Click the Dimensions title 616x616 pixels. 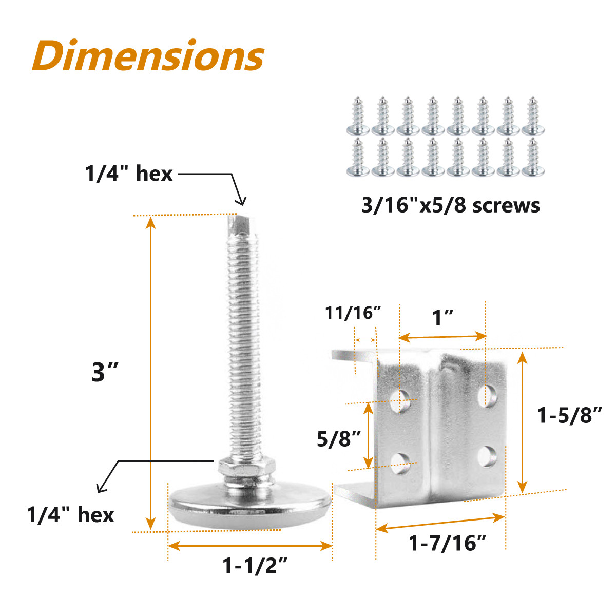coord(148,56)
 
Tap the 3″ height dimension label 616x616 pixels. coord(105,372)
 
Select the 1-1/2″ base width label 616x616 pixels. coord(254,566)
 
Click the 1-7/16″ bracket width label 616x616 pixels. coord(447,543)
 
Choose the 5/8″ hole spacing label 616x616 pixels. coord(339,439)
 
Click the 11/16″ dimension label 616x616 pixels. coord(353,312)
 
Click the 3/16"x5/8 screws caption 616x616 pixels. coord(451,205)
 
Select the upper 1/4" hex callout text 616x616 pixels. coord(129,174)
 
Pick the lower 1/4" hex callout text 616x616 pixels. coord(70,514)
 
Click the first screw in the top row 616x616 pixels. coord(358,115)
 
